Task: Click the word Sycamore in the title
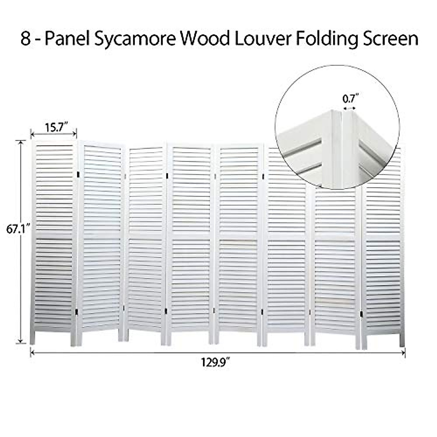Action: point(135,39)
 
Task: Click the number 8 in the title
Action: point(25,39)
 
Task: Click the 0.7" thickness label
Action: point(350,98)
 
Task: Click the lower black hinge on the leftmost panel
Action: point(76,312)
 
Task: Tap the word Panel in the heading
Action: point(67,39)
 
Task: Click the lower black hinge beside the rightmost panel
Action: point(362,314)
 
